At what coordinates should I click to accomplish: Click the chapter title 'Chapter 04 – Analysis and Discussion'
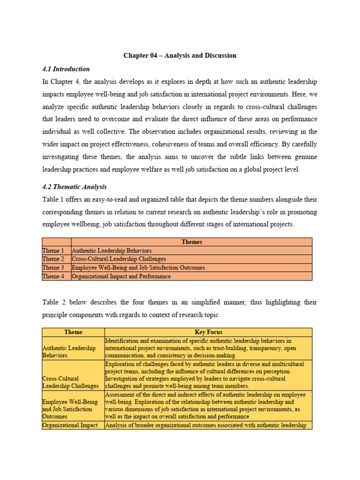[180, 55]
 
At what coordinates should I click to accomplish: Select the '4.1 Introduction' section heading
[66, 69]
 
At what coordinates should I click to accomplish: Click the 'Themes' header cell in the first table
[191, 242]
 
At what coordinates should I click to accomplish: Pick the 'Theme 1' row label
[53, 251]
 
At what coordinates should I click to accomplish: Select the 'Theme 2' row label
[53, 259]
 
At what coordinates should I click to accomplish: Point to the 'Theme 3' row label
[53, 268]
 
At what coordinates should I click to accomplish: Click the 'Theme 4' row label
[53, 276]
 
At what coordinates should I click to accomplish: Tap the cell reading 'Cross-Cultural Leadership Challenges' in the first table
[119, 259]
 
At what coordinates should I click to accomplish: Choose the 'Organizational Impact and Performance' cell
[121, 276]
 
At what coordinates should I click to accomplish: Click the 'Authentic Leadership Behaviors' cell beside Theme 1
[112, 251]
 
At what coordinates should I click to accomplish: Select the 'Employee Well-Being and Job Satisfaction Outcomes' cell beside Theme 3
[138, 268]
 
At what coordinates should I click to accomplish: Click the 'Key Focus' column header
[208, 332]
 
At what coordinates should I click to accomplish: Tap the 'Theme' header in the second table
[73, 332]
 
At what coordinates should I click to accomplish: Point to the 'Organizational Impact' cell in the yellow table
[70, 425]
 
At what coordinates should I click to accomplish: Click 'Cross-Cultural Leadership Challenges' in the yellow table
[70, 382]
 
